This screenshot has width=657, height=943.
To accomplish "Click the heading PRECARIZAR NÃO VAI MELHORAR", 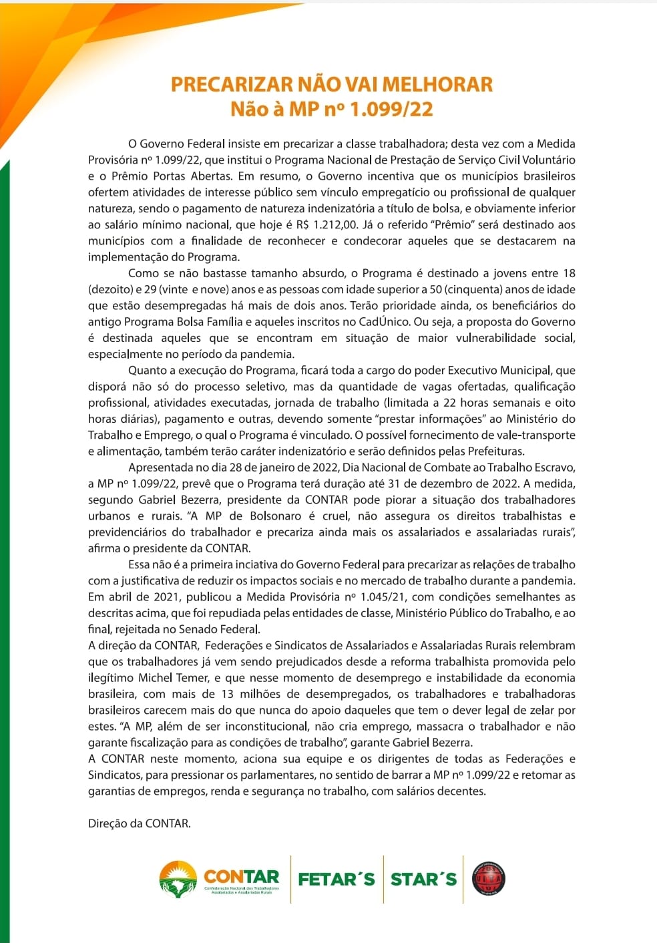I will point(332,84).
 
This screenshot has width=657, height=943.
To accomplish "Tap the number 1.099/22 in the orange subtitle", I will point(392,109).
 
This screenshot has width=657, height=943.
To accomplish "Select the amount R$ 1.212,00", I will point(327,225).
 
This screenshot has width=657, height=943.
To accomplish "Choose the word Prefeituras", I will point(494,451).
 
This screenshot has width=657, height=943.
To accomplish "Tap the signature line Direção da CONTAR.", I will point(140,823).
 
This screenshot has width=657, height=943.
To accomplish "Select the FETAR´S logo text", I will point(337,879).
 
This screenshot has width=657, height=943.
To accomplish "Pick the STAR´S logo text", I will point(423,879).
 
